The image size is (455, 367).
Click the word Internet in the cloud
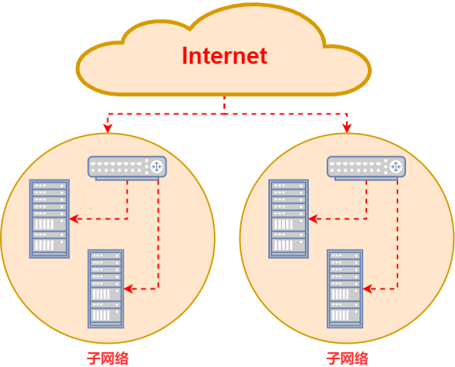(x=225, y=56)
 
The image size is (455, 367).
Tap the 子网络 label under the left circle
(x=107, y=358)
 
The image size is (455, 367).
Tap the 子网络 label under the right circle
(x=347, y=358)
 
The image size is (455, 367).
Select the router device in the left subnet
(x=127, y=168)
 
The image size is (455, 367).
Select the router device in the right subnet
(x=366, y=168)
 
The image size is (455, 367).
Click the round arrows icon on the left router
(x=156, y=167)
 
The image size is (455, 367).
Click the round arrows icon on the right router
(x=396, y=167)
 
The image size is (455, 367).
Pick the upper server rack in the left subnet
(x=49, y=218)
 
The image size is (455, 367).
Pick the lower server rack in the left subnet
(x=106, y=288)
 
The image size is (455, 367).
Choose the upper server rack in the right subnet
(x=289, y=218)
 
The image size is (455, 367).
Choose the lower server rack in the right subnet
(x=345, y=288)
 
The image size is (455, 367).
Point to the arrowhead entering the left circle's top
(x=107, y=128)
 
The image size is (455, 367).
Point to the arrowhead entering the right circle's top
(x=347, y=128)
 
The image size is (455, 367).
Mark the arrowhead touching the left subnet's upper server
(x=74, y=218)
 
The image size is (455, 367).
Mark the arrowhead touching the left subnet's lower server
(x=128, y=288)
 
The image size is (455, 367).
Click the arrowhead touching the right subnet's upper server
(x=313, y=218)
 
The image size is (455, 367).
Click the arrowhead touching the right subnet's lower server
(x=367, y=288)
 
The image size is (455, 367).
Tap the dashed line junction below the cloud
(x=224, y=114)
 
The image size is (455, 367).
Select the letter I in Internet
(x=184, y=56)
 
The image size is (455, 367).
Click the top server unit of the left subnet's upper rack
(x=49, y=185)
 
